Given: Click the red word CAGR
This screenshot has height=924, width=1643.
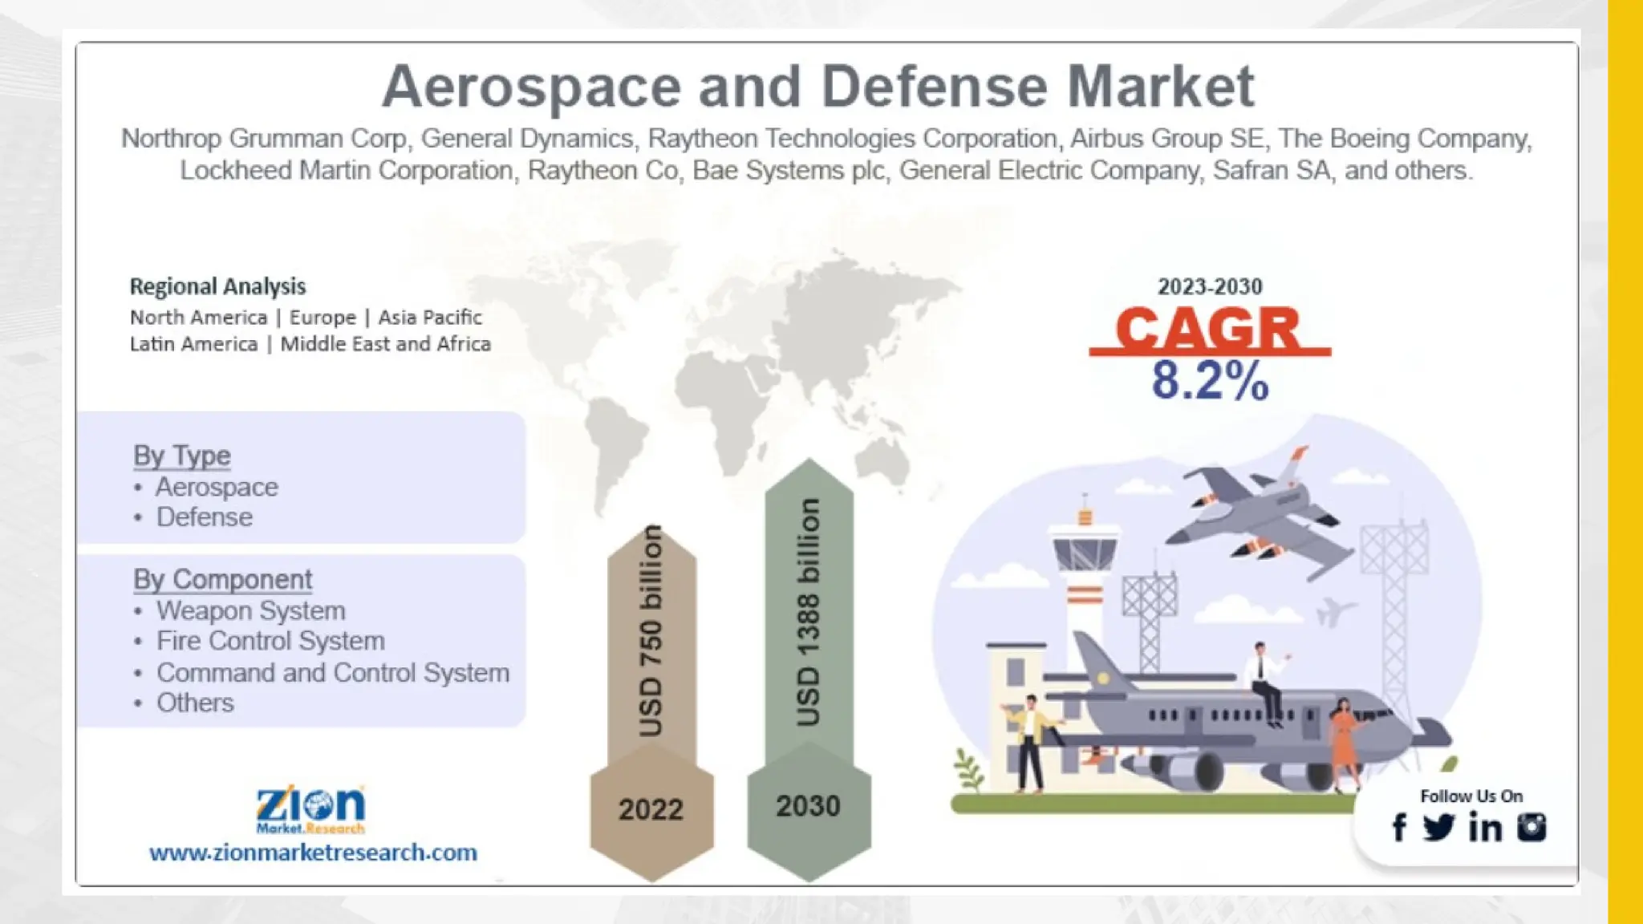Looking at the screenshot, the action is pyautogui.click(x=1208, y=328).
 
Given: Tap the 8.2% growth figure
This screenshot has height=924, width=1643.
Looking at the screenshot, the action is pyautogui.click(x=1210, y=381).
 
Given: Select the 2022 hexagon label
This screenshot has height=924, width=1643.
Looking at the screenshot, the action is pyautogui.click(x=651, y=809).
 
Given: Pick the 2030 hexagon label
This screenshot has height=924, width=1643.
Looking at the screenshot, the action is pyautogui.click(x=808, y=806).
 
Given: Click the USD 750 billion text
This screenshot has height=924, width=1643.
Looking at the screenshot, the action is pyautogui.click(x=651, y=631).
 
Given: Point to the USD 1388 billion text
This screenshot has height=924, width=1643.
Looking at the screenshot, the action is pyautogui.click(x=809, y=613).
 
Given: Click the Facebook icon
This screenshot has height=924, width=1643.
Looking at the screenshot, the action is pyautogui.click(x=1399, y=827).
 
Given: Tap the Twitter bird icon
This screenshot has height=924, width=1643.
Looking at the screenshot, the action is pyautogui.click(x=1438, y=827).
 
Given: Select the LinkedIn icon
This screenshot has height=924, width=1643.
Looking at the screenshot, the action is pyautogui.click(x=1485, y=827).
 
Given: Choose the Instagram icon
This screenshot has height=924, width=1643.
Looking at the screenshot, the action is pyautogui.click(x=1531, y=827).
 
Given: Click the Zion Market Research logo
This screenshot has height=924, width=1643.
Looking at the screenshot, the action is pyautogui.click(x=310, y=808).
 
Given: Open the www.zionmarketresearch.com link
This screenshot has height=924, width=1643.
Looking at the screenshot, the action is pyautogui.click(x=313, y=852).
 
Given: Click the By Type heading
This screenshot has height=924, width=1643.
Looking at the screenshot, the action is pyautogui.click(x=182, y=456).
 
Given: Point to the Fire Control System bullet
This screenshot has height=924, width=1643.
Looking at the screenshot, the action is pyautogui.click(x=270, y=641).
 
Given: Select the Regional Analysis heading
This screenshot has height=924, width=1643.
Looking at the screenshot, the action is pyautogui.click(x=217, y=286).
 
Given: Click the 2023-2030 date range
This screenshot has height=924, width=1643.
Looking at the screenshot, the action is pyautogui.click(x=1210, y=286).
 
